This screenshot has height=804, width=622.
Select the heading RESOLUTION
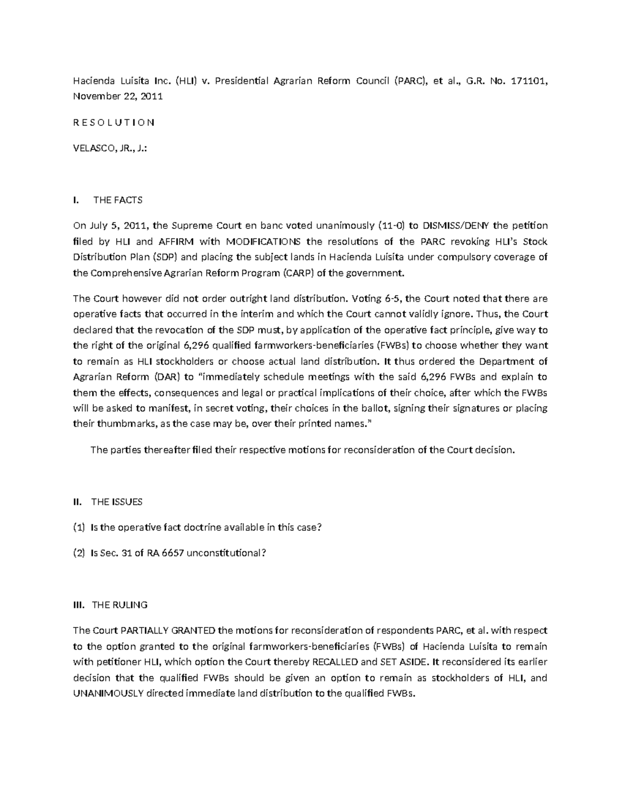pos(114,123)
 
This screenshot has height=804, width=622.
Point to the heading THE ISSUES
pos(117,501)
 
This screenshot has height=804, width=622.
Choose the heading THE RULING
pos(119,605)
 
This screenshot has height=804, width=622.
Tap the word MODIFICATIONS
pos(262,241)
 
